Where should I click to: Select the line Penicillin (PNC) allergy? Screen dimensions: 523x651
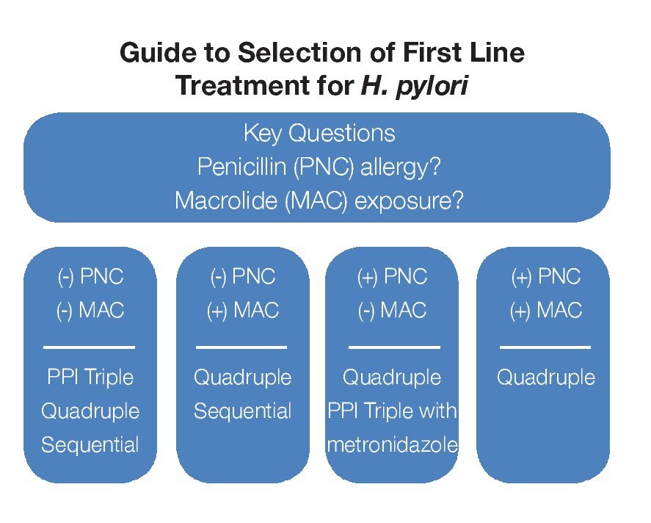pyautogui.click(x=319, y=167)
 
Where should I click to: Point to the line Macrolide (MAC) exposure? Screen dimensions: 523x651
pyautogui.click(x=319, y=201)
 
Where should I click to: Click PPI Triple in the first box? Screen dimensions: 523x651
pyautogui.click(x=90, y=378)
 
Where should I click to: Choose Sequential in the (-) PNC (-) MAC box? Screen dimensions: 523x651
pyautogui.click(x=90, y=444)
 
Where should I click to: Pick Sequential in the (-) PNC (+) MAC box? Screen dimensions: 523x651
pyautogui.click(x=242, y=411)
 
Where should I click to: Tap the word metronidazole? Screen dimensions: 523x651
pyautogui.click(x=393, y=444)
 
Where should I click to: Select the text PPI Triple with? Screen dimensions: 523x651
pyautogui.click(x=393, y=411)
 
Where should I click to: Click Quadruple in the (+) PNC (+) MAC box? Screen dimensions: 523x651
pyautogui.click(x=545, y=378)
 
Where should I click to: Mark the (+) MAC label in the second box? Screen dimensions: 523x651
pyautogui.click(x=242, y=311)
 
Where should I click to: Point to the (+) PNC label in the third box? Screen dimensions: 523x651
pyautogui.click(x=393, y=277)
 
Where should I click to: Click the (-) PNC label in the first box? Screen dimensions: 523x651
pyautogui.click(x=90, y=277)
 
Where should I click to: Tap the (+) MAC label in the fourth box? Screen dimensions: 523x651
pyautogui.click(x=545, y=311)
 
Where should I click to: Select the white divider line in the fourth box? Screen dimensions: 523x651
pyautogui.click(x=545, y=347)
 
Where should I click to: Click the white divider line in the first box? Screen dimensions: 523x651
pyautogui.click(x=90, y=347)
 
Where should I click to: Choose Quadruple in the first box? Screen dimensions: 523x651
pyautogui.click(x=90, y=411)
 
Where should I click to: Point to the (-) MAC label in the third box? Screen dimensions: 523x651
pyautogui.click(x=393, y=311)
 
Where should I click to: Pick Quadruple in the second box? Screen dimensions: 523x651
pyautogui.click(x=242, y=378)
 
